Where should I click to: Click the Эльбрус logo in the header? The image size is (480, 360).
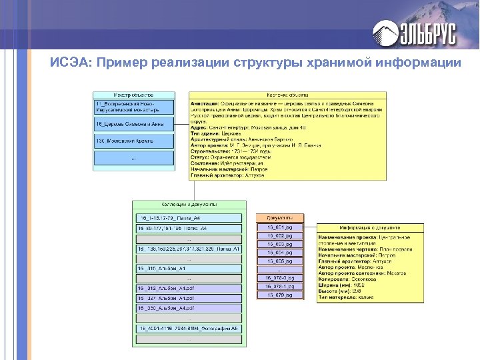pos(413,31)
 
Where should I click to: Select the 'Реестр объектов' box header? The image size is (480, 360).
pos(134,95)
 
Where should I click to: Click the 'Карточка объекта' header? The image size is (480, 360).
pos(287,95)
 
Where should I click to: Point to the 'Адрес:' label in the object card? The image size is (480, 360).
pos(201,128)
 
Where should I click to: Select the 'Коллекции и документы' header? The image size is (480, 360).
pos(189,204)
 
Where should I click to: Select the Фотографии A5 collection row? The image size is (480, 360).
pos(189,329)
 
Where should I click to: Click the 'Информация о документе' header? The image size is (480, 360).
pos(370,227)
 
